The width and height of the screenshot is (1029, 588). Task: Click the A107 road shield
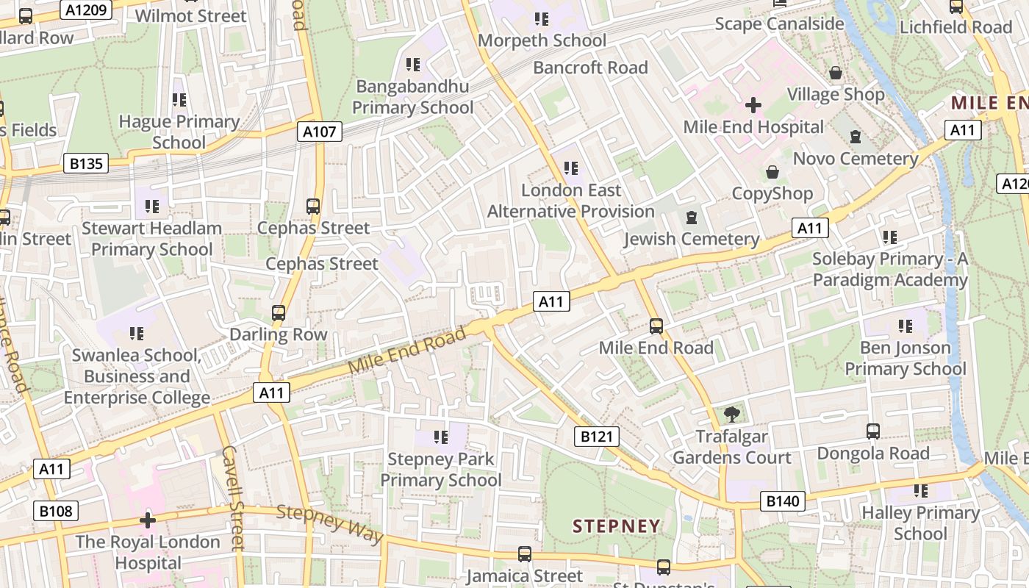tap(320, 132)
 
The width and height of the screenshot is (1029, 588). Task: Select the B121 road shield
tap(596, 437)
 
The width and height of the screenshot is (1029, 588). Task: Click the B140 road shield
tap(781, 502)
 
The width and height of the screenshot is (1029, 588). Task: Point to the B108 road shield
tap(56, 510)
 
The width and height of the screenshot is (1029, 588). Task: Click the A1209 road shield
tap(87, 10)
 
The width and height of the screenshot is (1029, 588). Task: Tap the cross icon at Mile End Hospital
tap(753, 105)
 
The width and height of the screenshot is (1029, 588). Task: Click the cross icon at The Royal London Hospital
tap(148, 520)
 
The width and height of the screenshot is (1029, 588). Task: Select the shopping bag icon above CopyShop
tap(772, 172)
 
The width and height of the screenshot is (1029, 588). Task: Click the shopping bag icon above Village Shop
tap(836, 73)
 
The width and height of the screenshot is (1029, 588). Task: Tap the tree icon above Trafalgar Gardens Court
tap(731, 415)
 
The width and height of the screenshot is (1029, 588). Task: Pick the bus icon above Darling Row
tap(279, 313)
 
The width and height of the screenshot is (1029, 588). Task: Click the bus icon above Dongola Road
tap(873, 431)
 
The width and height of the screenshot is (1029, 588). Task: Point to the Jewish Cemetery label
tap(691, 239)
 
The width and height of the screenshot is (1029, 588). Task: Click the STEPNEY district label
tap(617, 526)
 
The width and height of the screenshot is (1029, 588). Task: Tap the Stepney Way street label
tap(330, 524)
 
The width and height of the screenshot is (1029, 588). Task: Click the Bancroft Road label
tap(590, 68)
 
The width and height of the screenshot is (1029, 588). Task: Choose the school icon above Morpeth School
tap(542, 19)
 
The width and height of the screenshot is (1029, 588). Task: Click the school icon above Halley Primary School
tap(920, 491)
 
